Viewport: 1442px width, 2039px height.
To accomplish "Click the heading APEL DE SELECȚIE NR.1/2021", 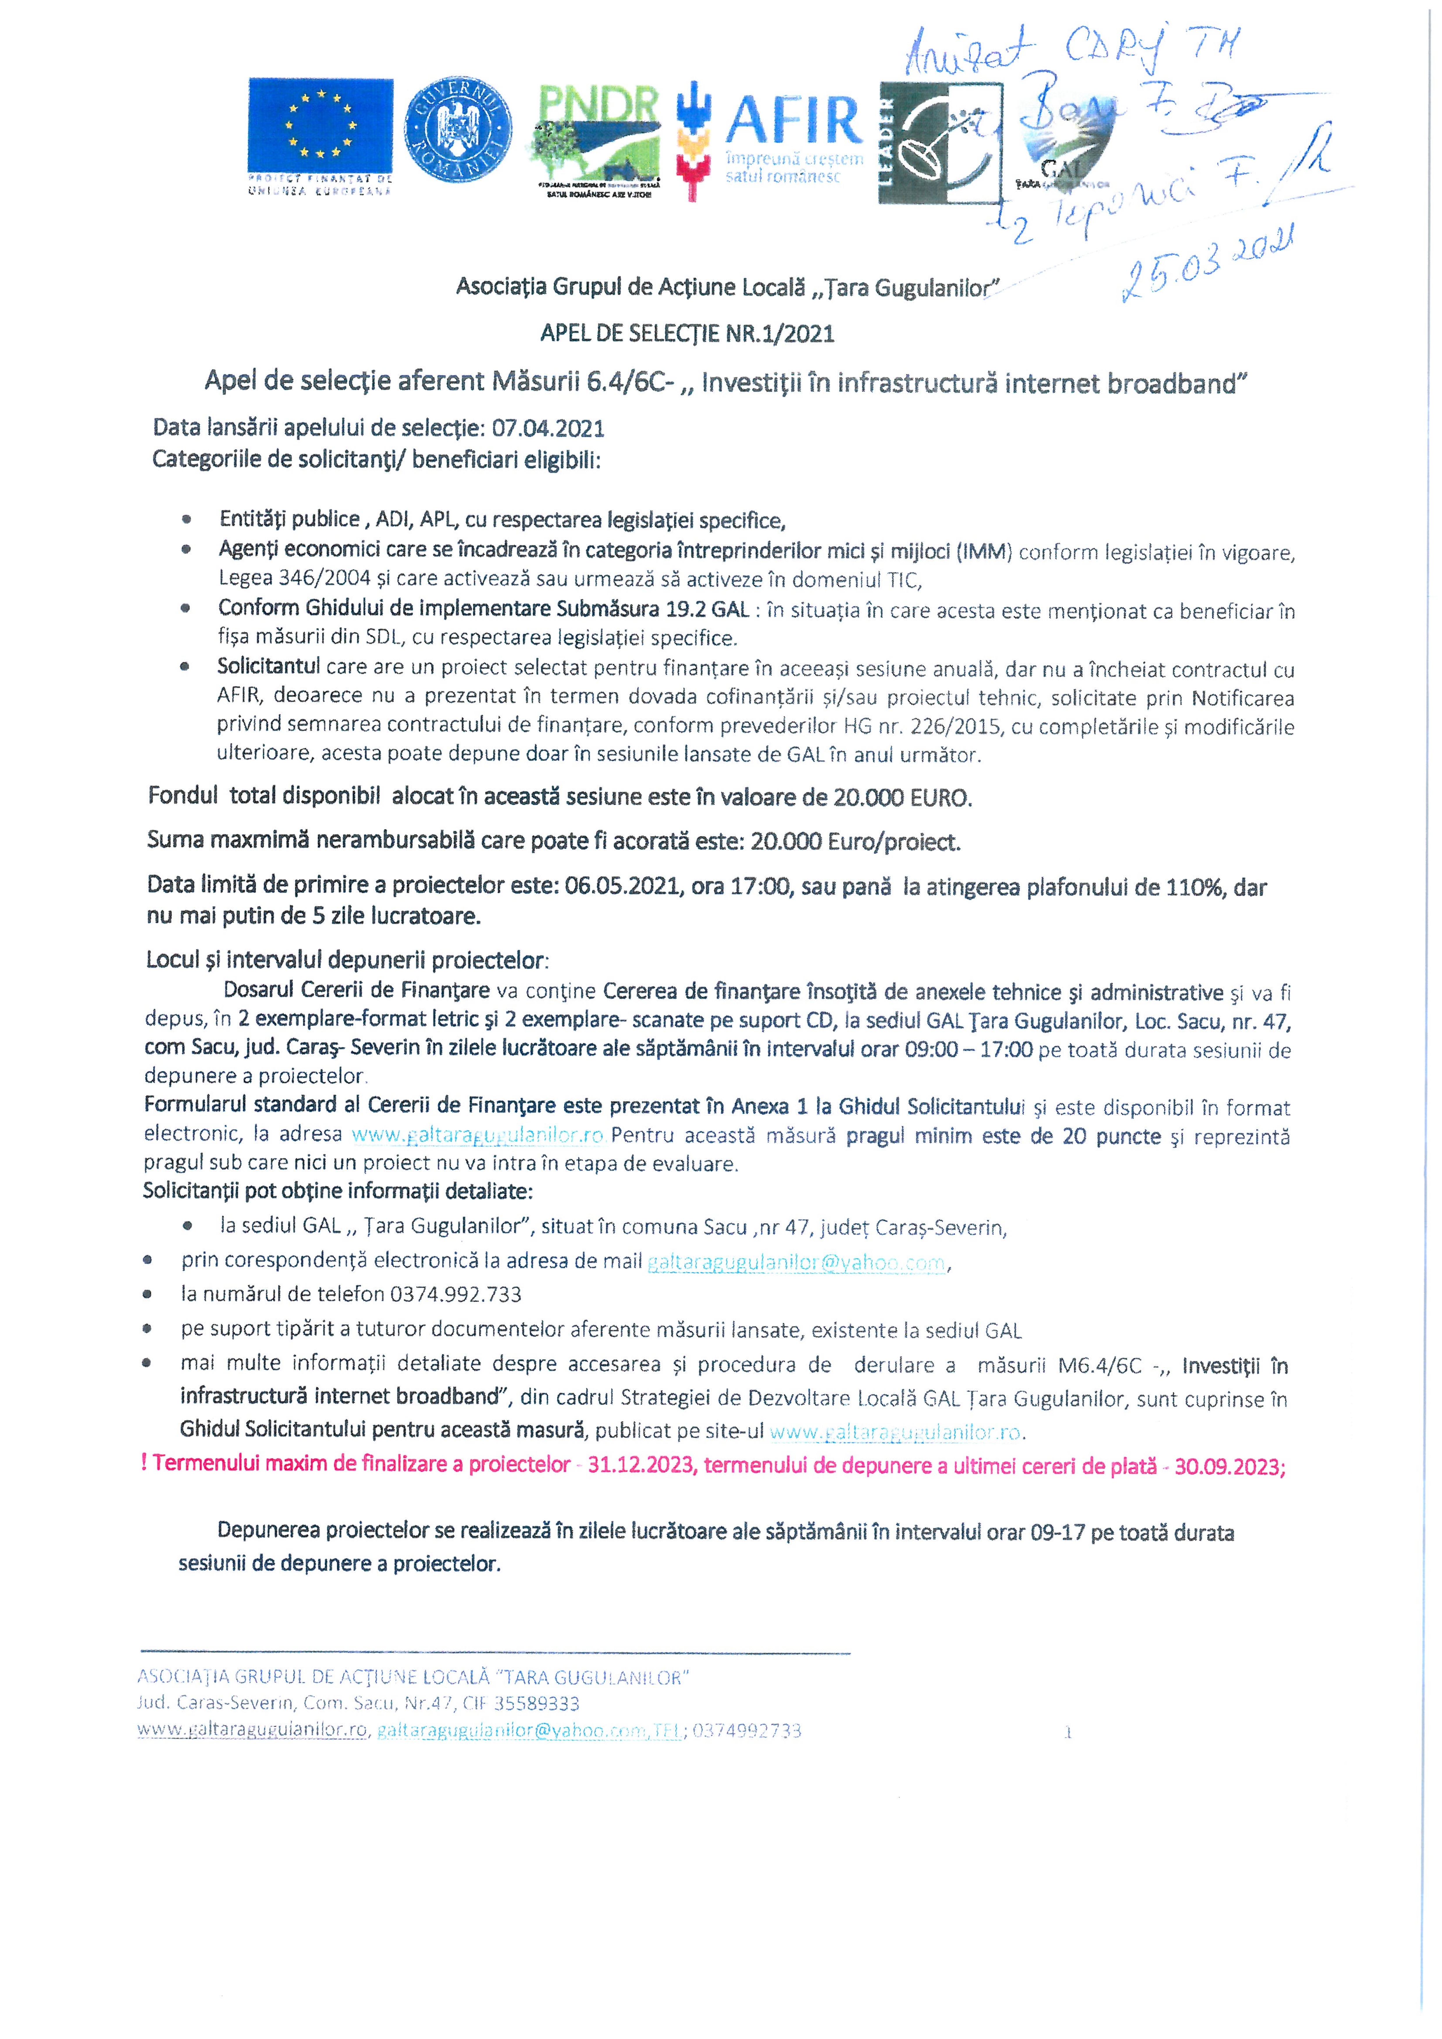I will [x=688, y=334].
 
